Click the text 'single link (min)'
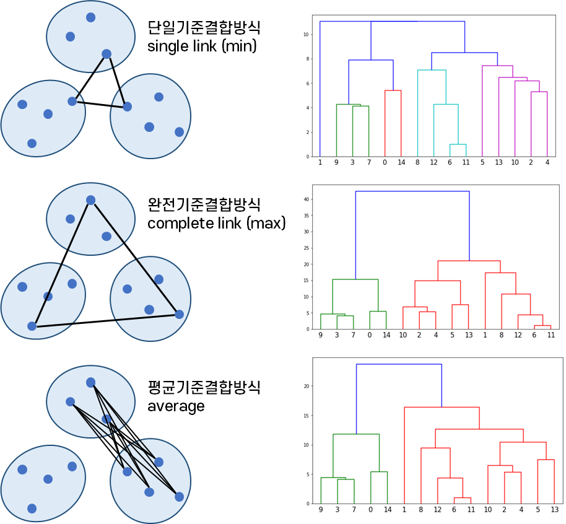[x=202, y=46]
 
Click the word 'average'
[x=176, y=406]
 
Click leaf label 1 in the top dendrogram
[x=320, y=162]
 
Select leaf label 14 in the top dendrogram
[x=401, y=162]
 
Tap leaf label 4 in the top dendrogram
[x=547, y=162]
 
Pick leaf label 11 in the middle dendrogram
[x=551, y=335]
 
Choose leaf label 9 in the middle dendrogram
[x=321, y=335]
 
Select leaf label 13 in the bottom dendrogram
[x=554, y=510]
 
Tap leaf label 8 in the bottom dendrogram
[x=421, y=510]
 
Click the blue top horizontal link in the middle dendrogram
[x=412, y=191]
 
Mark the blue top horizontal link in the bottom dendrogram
[x=399, y=364]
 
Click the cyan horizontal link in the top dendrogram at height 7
[x=432, y=71]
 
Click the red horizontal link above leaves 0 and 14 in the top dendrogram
[x=393, y=91]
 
